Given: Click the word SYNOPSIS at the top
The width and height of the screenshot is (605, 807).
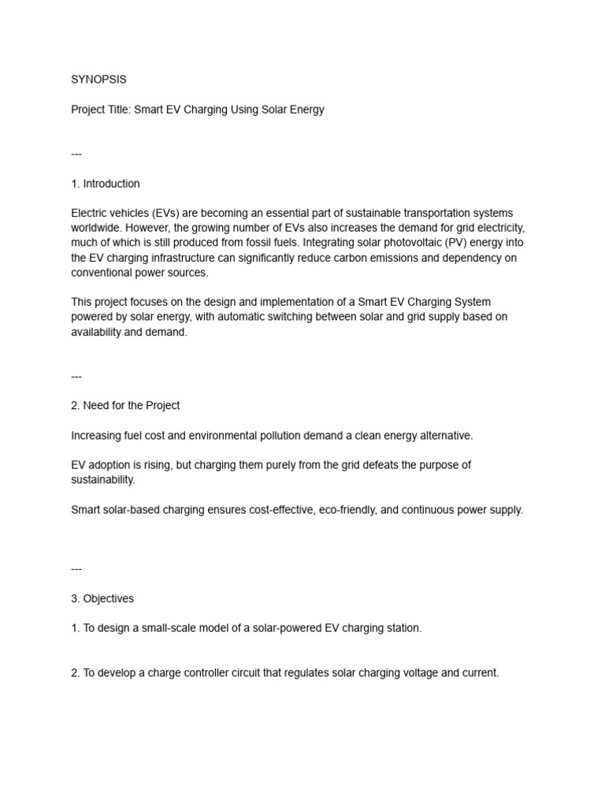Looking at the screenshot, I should pos(98,80).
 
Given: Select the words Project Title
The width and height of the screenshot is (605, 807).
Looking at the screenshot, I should pos(100,110).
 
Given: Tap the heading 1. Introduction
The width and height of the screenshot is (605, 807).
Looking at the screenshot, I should pos(106,184).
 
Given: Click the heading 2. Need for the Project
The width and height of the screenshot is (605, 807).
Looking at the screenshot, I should pos(125,406).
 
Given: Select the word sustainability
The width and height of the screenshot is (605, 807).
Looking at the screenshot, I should pos(103,479).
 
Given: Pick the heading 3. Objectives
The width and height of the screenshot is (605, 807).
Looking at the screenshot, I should pos(102,599).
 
